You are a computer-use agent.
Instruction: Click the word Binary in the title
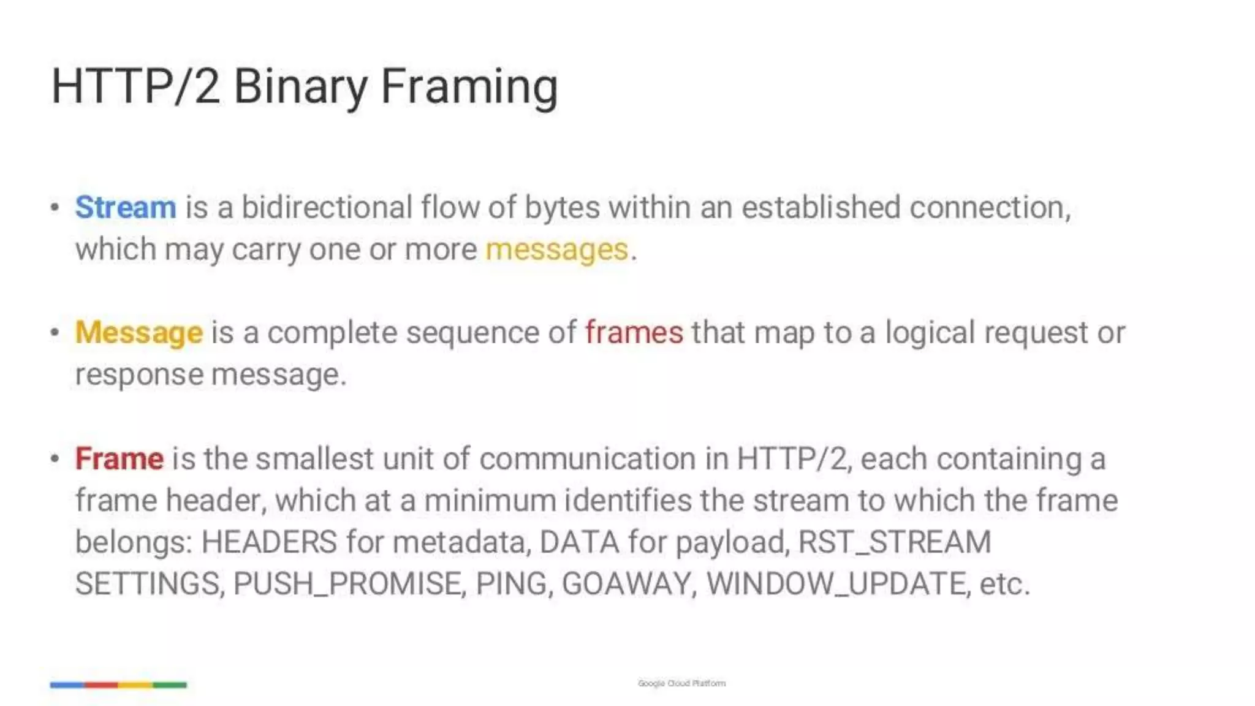300,86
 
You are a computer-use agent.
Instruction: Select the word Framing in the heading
469,86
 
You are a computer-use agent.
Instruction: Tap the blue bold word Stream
126,207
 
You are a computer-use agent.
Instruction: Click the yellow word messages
557,249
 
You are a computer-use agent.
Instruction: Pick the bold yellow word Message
138,333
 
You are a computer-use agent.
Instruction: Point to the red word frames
634,333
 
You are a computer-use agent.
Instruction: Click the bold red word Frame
119,458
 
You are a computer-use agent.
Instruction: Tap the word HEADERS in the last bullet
269,542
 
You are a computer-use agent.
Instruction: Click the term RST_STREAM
895,542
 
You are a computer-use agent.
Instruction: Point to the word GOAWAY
629,583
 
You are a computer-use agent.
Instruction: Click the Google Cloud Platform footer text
681,683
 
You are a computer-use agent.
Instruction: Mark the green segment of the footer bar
170,685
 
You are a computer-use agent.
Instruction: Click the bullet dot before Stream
55,208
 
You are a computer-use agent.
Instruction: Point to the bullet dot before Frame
55,459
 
